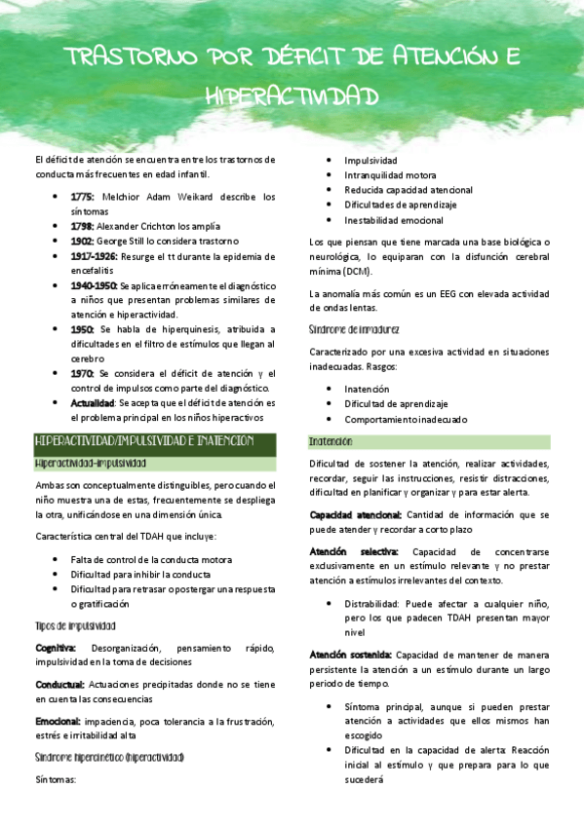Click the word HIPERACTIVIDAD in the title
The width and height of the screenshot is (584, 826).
[292, 94]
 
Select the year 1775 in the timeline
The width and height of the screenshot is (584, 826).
[83, 196]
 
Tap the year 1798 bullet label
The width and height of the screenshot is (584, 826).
[83, 225]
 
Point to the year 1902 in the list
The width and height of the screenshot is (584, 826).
[83, 240]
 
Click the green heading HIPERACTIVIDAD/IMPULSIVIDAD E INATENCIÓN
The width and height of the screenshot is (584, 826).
[143, 441]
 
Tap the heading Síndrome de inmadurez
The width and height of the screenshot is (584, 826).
[353, 329]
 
